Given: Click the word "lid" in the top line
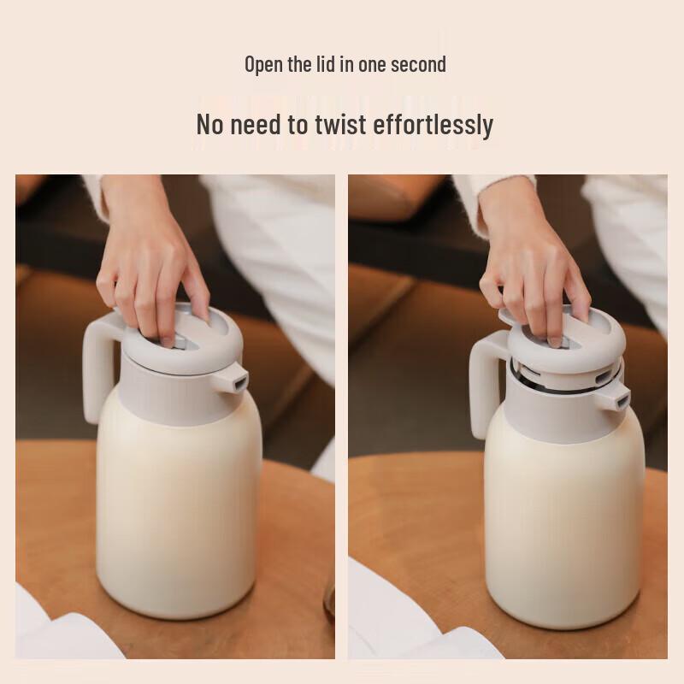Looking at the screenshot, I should pyautogui.click(x=326, y=64).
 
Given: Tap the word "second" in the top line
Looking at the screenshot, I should pyautogui.click(x=418, y=64).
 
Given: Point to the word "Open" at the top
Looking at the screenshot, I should pyautogui.click(x=264, y=64).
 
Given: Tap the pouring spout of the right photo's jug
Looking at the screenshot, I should pyautogui.click(x=617, y=396).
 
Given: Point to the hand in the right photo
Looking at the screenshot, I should pyautogui.click(x=534, y=274).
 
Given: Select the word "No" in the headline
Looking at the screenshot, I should pyautogui.click(x=210, y=125).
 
